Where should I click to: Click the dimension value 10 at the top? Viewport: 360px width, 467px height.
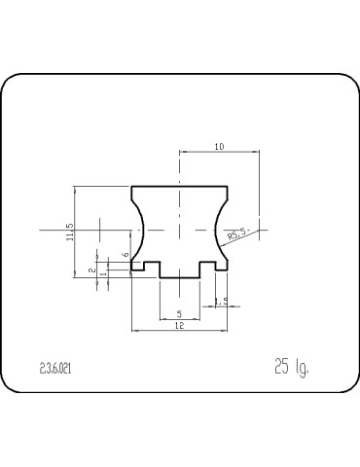pyautogui.click(x=219, y=146)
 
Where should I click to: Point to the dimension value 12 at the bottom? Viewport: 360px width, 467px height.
pyautogui.click(x=179, y=327)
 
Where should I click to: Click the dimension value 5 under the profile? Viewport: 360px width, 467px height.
pyautogui.click(x=179, y=313)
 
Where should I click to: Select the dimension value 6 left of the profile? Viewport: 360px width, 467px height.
pyautogui.click(x=125, y=254)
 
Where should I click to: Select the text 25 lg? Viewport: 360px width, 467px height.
pyautogui.click(x=291, y=367)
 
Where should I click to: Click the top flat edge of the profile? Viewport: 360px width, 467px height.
pyautogui.click(x=179, y=186)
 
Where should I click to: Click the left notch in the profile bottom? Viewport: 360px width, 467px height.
pyautogui.click(x=151, y=266)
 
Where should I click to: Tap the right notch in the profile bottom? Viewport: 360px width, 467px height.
pyautogui.click(x=208, y=266)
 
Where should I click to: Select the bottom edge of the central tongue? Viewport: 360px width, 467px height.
pyautogui.click(x=179, y=278)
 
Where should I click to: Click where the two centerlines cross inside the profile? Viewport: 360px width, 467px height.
pyautogui.click(x=180, y=229)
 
